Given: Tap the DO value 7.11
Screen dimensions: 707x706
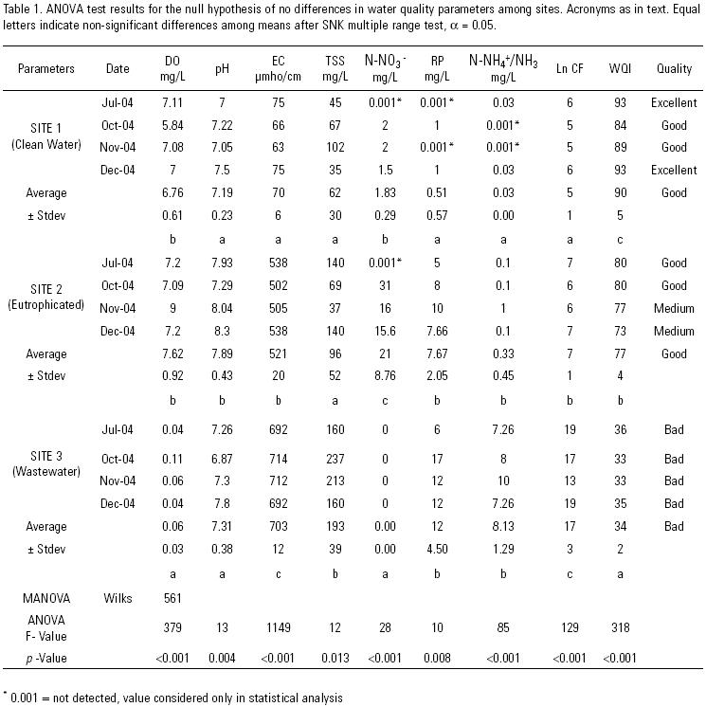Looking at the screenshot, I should coord(172,102).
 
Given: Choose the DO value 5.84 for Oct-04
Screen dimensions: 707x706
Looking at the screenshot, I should coord(172,125).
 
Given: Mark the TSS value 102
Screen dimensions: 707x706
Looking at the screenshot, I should coord(334,148).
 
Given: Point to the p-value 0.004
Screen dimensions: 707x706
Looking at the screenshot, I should coord(220,657).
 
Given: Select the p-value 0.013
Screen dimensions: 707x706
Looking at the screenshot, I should coord(334,657).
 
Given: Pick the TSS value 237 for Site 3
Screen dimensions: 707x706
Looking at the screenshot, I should coord(334,459).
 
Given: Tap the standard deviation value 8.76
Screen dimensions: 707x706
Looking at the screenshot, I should coord(385,375).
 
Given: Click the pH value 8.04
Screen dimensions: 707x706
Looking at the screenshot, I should coord(220,308).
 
